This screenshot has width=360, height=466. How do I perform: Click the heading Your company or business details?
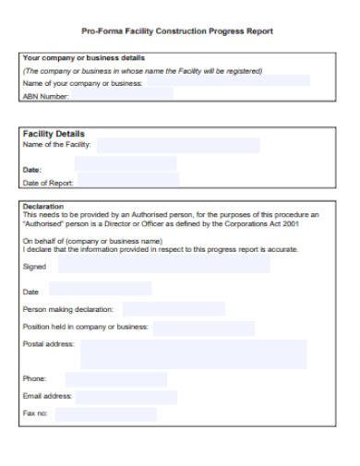83,58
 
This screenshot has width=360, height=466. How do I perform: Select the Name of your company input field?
226,82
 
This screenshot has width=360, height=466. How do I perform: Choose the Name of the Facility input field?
177,145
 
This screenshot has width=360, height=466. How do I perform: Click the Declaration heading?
43,206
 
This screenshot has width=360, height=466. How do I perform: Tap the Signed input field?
164,266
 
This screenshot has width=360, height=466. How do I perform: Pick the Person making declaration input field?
174,309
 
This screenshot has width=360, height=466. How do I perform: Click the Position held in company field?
203,328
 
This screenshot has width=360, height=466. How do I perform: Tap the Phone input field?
115,378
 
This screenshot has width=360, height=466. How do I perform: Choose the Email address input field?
126,396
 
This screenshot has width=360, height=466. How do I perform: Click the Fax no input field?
105,413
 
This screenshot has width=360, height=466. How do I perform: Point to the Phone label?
34,378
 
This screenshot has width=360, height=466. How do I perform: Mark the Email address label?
47,396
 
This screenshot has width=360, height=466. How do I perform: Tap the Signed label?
33,266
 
